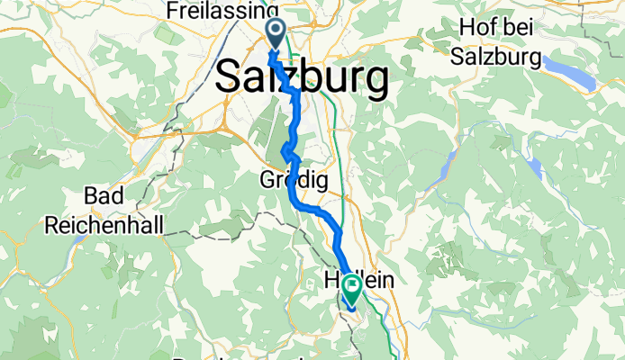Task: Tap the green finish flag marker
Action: tap(349, 289)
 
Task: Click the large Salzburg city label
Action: tap(302, 78)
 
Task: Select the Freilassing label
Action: tap(222, 10)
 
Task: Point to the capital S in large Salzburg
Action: tap(229, 78)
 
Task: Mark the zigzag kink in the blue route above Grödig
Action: tap(286, 150)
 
